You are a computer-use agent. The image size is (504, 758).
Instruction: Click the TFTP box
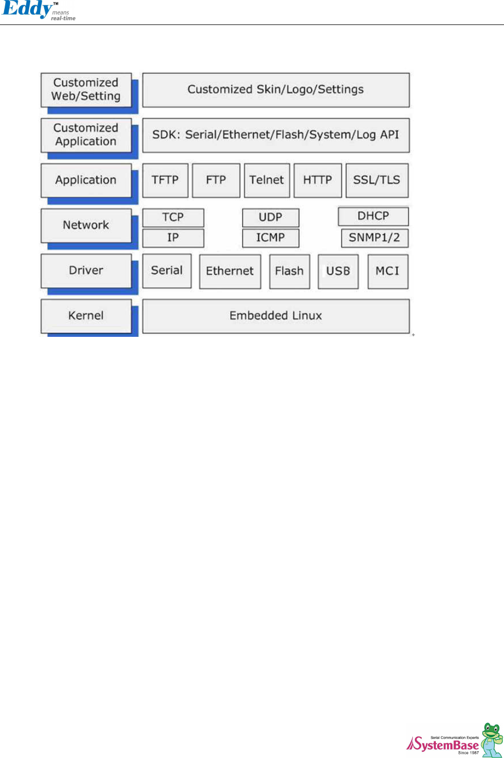point(165,180)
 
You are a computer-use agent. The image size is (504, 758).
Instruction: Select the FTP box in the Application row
point(216,180)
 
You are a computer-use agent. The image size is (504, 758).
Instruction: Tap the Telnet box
point(267,180)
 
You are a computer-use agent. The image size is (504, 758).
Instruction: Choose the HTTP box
point(318,180)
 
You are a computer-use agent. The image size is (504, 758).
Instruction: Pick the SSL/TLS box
point(376,180)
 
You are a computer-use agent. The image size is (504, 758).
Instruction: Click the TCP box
point(173,217)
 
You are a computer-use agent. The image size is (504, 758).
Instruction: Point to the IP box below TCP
point(173,238)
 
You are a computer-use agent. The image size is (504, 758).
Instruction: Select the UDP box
point(270,217)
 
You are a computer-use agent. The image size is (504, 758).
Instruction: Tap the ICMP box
point(270,238)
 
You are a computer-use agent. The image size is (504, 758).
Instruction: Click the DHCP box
point(373,216)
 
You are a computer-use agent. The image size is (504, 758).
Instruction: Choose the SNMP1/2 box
point(374,238)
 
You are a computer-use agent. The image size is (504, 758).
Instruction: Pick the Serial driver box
point(167,271)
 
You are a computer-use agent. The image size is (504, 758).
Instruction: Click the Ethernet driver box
point(230,271)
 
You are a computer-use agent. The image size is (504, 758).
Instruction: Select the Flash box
point(289,271)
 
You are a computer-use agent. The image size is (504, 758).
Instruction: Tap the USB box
point(338,271)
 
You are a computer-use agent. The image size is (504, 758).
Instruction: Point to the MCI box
point(387,271)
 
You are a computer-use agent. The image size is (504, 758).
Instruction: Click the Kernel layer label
point(86,315)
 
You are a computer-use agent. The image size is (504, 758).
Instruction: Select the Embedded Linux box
point(275,315)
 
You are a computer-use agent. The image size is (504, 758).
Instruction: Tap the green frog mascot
point(491,739)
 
